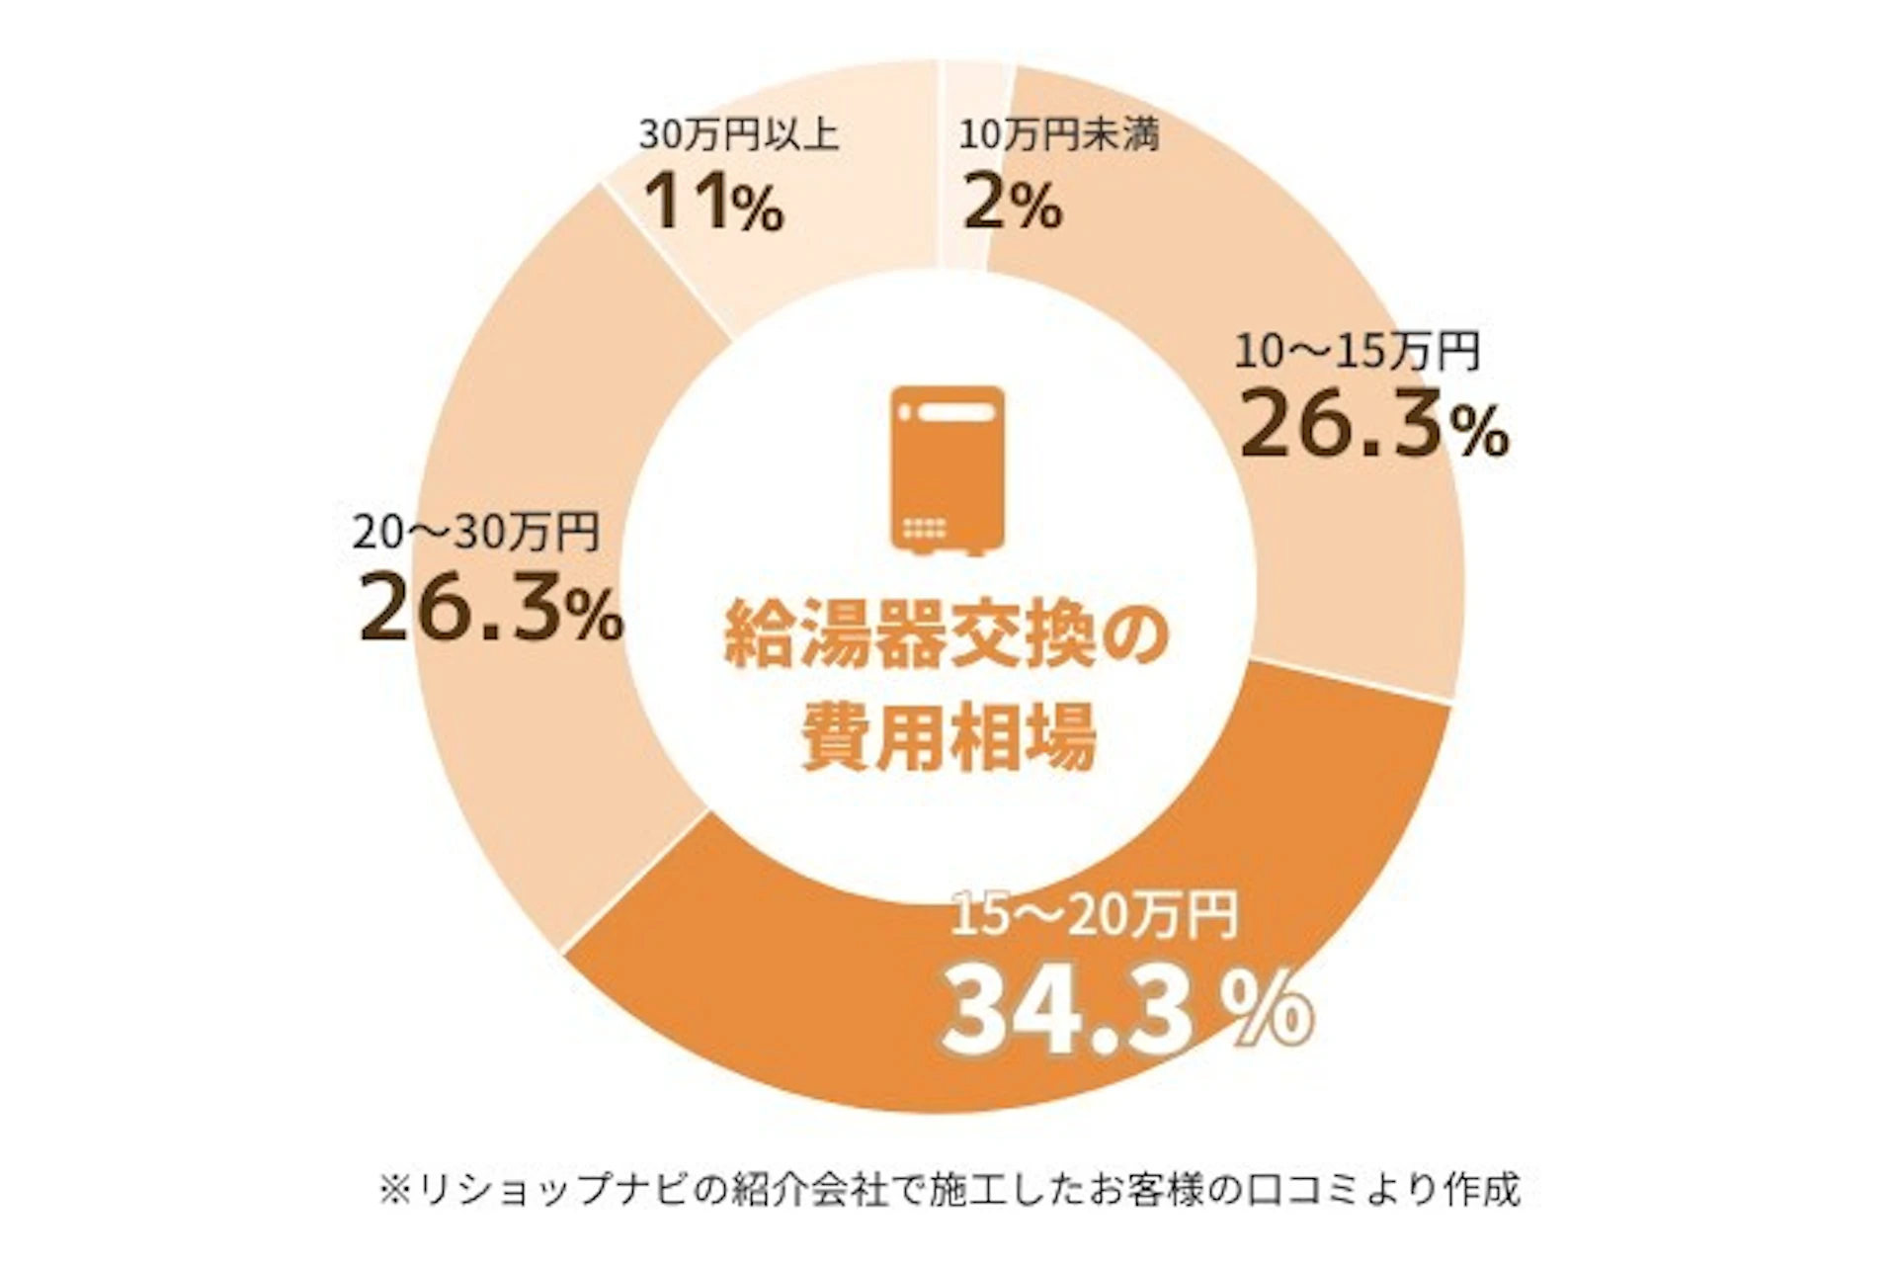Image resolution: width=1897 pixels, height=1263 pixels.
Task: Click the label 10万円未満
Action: click(x=1058, y=134)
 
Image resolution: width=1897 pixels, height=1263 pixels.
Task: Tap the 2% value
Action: click(x=1012, y=205)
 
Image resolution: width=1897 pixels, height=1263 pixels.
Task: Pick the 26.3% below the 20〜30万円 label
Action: click(x=491, y=611)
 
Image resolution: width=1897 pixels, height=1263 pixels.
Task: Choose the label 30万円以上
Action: click(x=739, y=134)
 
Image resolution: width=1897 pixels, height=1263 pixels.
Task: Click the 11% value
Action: click(x=713, y=203)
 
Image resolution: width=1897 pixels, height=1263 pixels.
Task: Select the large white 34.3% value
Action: click(x=1126, y=1011)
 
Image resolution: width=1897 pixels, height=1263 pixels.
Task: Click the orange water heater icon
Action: click(x=948, y=468)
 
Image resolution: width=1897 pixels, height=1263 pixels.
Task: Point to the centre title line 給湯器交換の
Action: click(x=947, y=635)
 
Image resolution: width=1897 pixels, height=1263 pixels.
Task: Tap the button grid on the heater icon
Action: click(x=925, y=527)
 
